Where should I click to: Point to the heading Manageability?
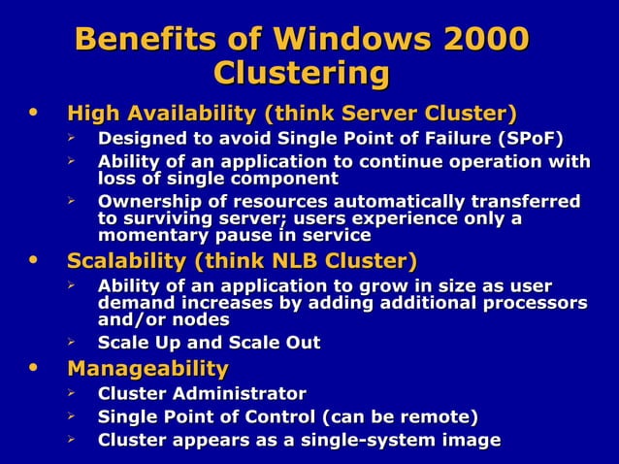tap(147, 369)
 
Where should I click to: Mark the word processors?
tap(536, 303)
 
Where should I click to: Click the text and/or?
tap(131, 319)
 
